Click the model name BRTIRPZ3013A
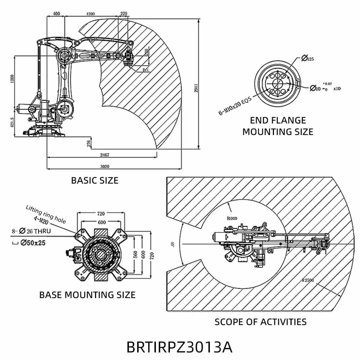pos(179,347)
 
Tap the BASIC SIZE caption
pos(95,180)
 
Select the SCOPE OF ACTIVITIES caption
pos(261,321)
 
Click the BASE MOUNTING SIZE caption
pos(87,295)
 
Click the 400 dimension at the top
pos(56,14)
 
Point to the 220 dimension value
pos(123,14)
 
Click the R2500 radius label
pos(309,279)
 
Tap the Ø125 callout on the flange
pos(307,58)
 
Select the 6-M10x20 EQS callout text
pos(234,107)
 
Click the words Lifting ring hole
pos(46,214)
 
